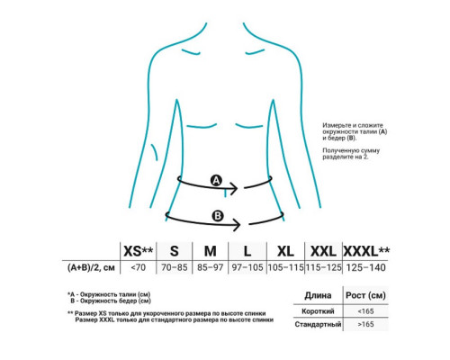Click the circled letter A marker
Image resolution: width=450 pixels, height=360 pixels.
[216, 181]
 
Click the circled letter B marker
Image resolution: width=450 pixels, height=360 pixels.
[218, 216]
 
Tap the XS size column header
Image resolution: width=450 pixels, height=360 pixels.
[139, 251]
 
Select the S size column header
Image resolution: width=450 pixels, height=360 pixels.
[175, 251]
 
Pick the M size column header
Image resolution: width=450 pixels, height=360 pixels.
[211, 251]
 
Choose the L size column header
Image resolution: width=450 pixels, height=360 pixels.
[247, 251]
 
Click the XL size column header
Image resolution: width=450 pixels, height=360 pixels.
[285, 251]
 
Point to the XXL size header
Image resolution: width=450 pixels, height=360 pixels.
[323, 251]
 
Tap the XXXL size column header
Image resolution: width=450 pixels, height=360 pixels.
[366, 251]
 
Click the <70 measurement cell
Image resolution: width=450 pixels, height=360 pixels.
[139, 267]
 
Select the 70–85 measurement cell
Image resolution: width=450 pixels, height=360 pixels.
[175, 267]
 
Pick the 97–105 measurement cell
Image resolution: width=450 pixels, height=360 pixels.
[247, 267]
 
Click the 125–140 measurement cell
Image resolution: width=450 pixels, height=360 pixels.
[366, 267]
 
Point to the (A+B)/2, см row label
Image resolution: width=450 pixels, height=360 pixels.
[91, 267]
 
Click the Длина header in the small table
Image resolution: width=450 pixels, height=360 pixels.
[318, 295]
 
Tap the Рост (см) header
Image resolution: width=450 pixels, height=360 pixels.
[365, 295]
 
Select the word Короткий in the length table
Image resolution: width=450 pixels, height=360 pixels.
[318, 311]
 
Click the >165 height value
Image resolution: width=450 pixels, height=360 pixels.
[365, 324]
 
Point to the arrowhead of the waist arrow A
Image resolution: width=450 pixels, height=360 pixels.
[237, 188]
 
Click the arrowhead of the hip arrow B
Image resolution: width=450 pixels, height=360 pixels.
[239, 225]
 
